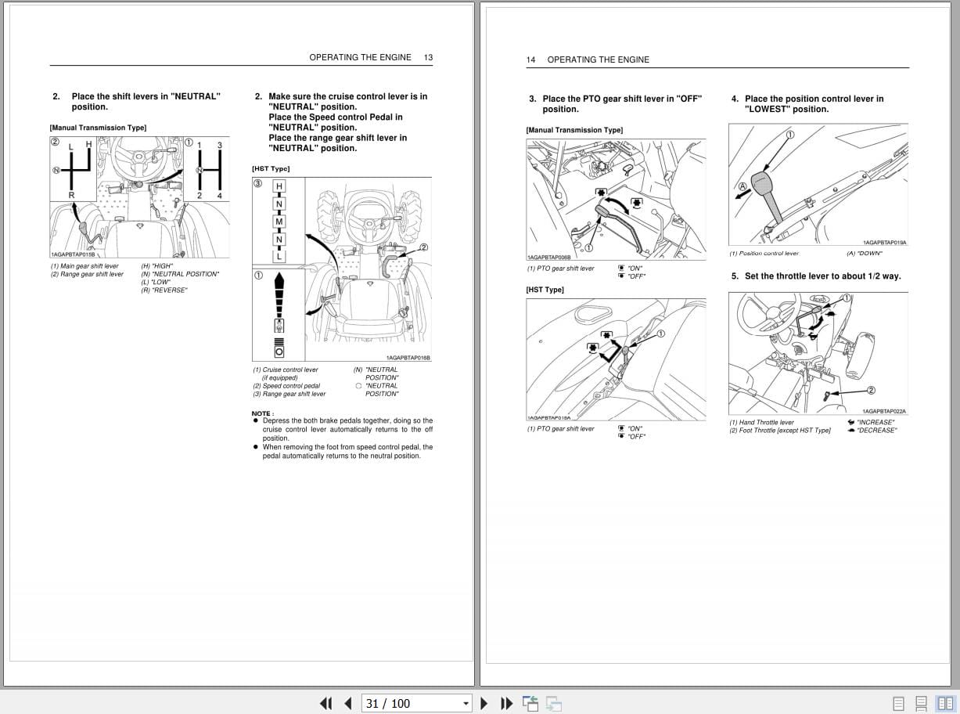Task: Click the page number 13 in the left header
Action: click(x=428, y=57)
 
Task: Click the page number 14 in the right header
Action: click(x=530, y=59)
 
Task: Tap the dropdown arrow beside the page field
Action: click(x=466, y=703)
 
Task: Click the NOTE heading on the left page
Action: click(x=262, y=413)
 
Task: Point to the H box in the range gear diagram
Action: click(x=279, y=186)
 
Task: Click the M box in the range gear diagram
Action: click(x=279, y=222)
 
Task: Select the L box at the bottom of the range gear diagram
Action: click(x=279, y=256)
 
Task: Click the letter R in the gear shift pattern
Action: click(x=71, y=195)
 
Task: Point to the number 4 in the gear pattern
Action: click(x=220, y=195)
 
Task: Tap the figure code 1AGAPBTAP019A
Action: click(x=884, y=243)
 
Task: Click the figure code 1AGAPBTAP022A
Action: click(x=884, y=411)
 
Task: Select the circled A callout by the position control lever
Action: click(x=742, y=186)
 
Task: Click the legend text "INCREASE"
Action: click(x=875, y=422)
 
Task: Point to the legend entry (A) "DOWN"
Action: click(x=864, y=253)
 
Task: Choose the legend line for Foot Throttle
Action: click(x=780, y=431)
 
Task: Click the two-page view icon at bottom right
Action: click(x=944, y=703)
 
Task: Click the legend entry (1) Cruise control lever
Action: click(x=285, y=370)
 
